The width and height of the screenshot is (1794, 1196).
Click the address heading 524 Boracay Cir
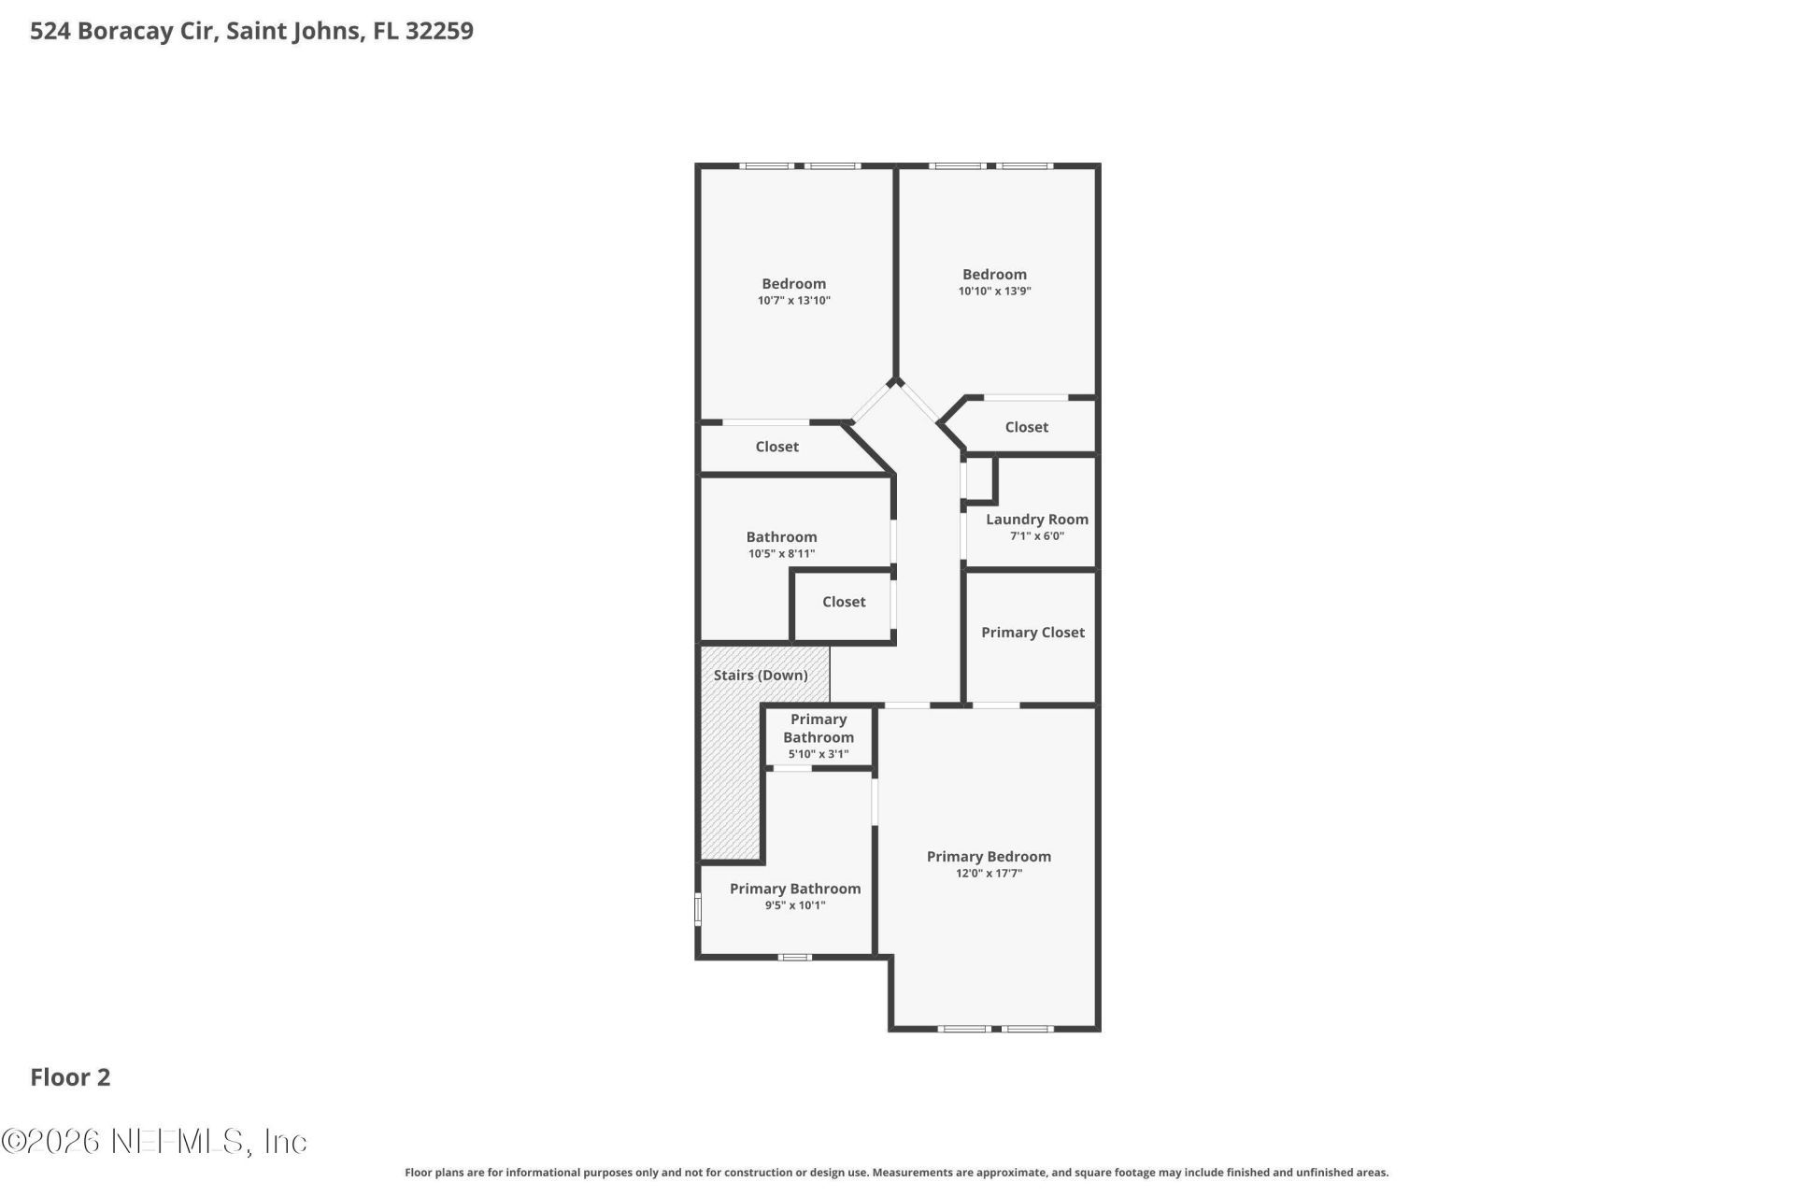[251, 31]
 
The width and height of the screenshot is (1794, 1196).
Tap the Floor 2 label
[70, 1077]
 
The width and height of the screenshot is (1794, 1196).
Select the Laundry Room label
[1036, 520]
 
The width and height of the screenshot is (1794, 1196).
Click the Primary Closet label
[1032, 633]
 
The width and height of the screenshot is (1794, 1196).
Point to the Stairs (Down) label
[761, 676]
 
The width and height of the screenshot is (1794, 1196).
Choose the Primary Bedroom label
[989, 857]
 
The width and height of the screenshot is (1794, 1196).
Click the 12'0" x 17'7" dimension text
[989, 874]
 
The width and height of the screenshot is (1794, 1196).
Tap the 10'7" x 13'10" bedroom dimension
[793, 301]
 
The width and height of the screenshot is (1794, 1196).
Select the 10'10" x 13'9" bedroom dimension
[994, 292]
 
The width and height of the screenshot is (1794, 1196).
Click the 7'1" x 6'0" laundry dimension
[1036, 536]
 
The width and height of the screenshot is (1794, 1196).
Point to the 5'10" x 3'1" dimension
[818, 754]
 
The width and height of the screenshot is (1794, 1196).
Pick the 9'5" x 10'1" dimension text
[795, 905]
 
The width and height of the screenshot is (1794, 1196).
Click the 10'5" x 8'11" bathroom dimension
[781, 554]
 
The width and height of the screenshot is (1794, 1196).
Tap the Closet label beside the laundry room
[1026, 427]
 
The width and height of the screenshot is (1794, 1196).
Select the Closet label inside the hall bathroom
[844, 602]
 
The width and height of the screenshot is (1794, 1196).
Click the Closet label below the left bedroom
[776, 447]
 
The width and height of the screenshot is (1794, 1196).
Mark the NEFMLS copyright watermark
[154, 1141]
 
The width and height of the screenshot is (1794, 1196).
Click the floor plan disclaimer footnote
[896, 1173]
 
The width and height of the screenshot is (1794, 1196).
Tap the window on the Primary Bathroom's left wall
[698, 909]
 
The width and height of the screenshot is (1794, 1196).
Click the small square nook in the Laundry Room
[979, 479]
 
